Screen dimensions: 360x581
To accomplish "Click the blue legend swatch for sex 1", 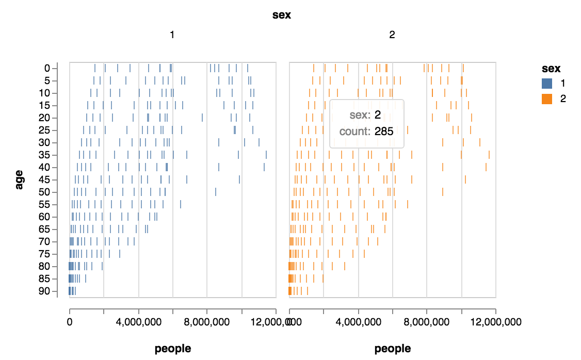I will [x=547, y=83].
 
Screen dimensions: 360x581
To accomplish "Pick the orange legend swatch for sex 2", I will [x=547, y=99].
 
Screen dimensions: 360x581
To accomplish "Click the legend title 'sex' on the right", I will [x=551, y=68].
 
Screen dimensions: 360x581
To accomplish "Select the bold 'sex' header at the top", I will [x=282, y=15].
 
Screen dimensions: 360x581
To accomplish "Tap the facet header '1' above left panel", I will [x=172, y=35].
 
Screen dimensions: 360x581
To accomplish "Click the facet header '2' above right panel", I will [x=392, y=35].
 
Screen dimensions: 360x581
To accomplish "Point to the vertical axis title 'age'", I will [x=20, y=180].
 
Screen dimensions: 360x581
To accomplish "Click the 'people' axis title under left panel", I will [x=172, y=349].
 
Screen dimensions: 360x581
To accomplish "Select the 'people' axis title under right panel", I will [x=393, y=349].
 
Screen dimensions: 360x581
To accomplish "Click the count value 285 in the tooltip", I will [x=384, y=132].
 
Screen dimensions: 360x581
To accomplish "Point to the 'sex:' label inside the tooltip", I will [x=360, y=115].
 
